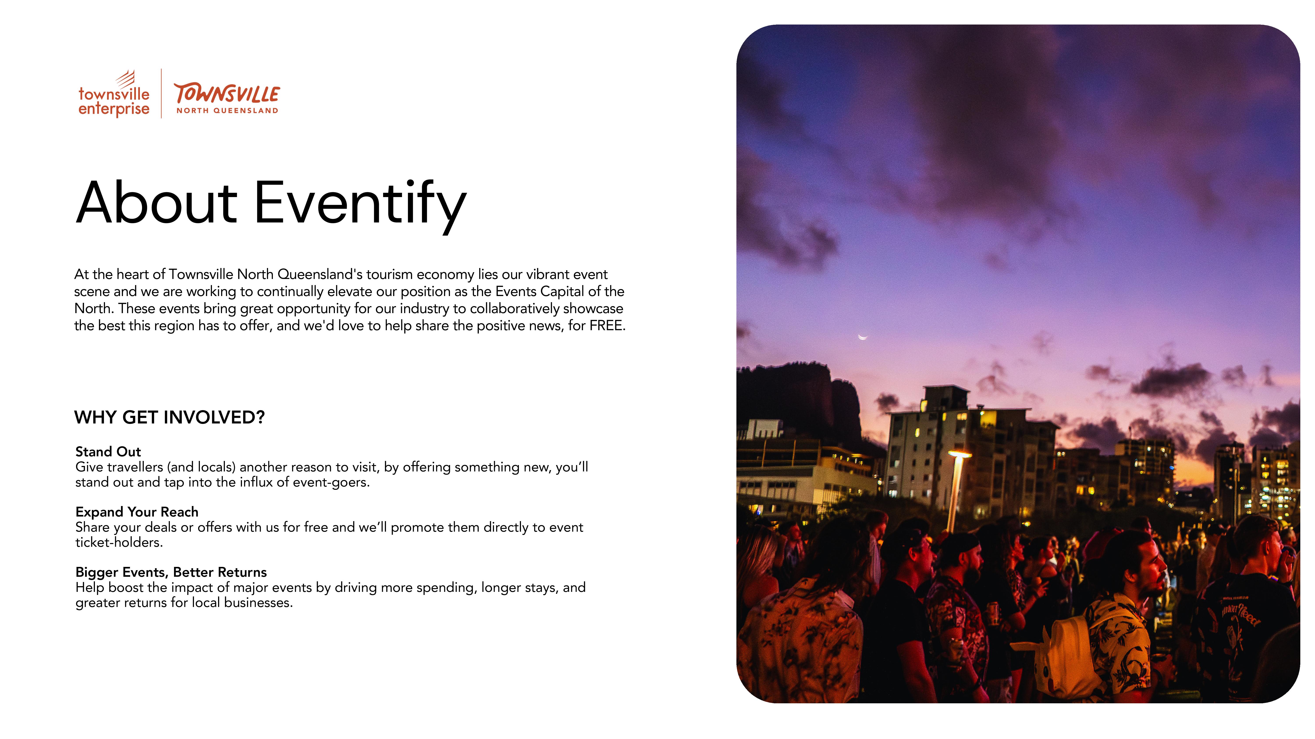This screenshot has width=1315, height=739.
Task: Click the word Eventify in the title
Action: click(360, 204)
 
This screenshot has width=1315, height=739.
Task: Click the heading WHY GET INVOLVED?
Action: click(169, 417)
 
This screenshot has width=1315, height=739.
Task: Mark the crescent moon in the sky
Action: click(863, 337)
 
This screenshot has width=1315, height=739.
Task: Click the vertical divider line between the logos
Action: click(161, 94)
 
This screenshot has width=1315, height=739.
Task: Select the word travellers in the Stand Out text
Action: click(135, 467)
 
